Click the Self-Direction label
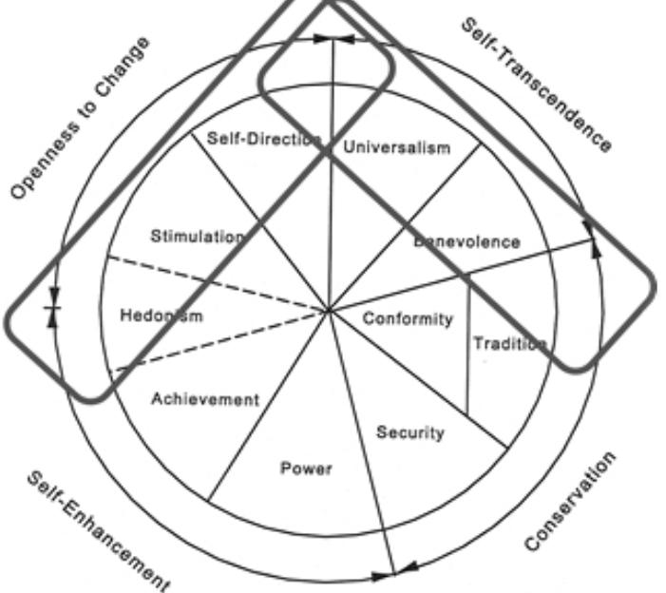(263, 139)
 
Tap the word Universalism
(397, 147)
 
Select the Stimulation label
(198, 237)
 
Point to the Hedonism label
(162, 316)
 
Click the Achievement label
(205, 399)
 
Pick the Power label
(306, 469)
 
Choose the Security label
(410, 432)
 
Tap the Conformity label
(408, 319)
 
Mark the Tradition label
(509, 343)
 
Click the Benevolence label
(466, 241)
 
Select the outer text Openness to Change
(80, 118)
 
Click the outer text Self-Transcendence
(537, 85)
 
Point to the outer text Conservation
(570, 501)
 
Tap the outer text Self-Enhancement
(99, 532)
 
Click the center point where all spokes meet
(329, 312)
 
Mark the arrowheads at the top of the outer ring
(333, 39)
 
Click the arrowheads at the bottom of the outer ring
(395, 572)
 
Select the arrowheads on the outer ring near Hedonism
(53, 308)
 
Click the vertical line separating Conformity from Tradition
(468, 345)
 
